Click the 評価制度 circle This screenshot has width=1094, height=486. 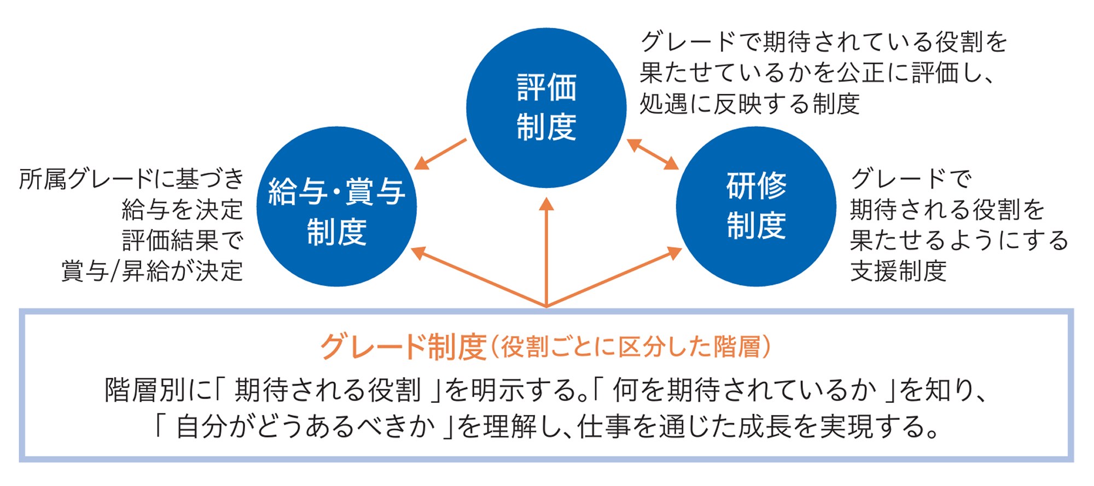[546, 108]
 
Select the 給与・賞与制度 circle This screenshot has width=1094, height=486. [336, 207]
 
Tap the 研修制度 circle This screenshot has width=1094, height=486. [756, 207]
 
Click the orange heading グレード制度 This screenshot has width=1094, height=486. [403, 347]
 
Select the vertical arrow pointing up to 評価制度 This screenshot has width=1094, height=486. [546, 251]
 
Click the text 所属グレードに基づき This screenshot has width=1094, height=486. [131, 179]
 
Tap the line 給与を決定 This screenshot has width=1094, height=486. [182, 209]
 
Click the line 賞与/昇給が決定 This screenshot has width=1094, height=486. [152, 271]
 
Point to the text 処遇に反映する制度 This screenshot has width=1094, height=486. [749, 104]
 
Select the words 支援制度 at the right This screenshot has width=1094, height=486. [898, 271]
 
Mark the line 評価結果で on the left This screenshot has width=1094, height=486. [182, 241]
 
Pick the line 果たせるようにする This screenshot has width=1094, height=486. [959, 241]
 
